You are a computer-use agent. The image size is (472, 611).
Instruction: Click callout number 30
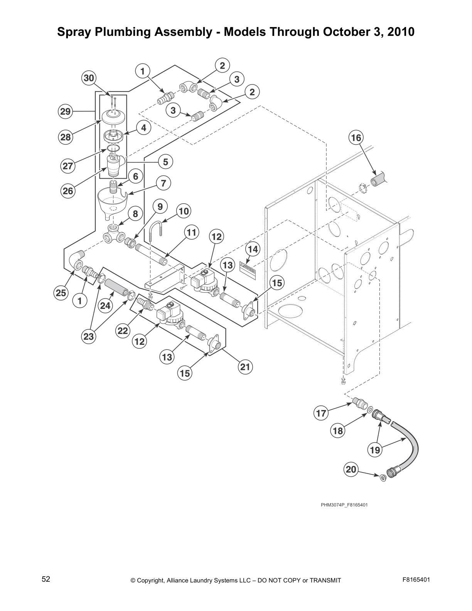pos(89,78)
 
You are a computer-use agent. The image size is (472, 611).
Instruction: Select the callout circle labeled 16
pos(356,138)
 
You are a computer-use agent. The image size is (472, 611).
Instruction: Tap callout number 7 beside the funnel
pos(164,183)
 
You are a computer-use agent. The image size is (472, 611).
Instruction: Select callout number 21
pos(245,367)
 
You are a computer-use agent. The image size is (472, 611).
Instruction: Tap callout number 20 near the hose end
pos(351,469)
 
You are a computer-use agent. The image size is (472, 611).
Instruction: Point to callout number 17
pos(321,414)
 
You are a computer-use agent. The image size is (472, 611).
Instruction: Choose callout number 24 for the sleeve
pos(105,306)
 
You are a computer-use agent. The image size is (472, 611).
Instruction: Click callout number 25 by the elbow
pos(61,293)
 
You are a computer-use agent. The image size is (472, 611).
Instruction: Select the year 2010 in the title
pos(401,32)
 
